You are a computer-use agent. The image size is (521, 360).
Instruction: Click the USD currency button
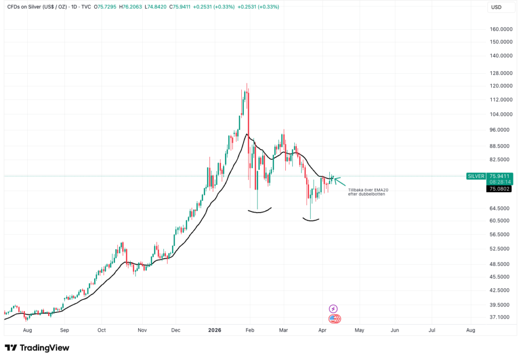tap(496, 7)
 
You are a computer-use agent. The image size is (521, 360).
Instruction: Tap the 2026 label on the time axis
tap(215, 330)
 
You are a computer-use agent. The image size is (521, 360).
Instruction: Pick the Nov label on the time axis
tap(142, 330)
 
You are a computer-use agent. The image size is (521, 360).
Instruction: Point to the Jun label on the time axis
tap(395, 330)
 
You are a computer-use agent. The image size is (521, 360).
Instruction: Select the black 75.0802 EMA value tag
tap(499, 189)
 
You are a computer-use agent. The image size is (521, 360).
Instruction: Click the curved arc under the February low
tap(260, 211)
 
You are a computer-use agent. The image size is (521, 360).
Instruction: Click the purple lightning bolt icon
tap(333, 308)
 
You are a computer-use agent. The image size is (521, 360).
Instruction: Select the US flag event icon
tap(333, 319)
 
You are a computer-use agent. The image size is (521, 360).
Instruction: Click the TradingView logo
tap(37, 348)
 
